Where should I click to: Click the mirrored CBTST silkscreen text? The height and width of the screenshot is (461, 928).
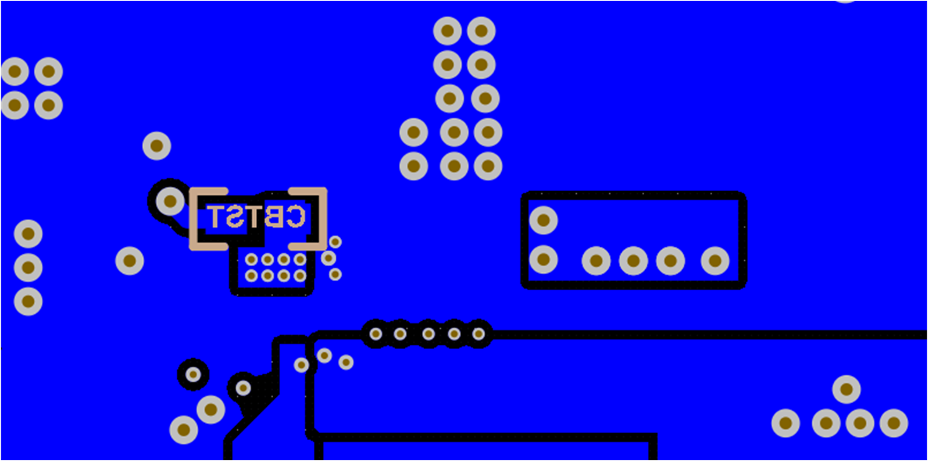click(x=257, y=217)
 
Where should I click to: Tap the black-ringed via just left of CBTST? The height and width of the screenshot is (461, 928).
click(x=169, y=201)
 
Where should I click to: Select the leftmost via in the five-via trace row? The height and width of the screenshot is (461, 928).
click(x=375, y=334)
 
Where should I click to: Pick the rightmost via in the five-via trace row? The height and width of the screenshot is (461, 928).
click(x=479, y=334)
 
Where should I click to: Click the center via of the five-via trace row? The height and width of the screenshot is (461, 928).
click(x=428, y=334)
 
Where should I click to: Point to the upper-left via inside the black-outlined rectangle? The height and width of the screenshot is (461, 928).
click(x=544, y=220)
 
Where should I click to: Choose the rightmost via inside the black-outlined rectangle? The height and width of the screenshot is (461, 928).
click(x=715, y=261)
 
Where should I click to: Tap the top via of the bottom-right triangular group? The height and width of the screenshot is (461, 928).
click(x=846, y=389)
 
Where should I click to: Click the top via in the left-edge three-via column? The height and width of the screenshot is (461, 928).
click(x=28, y=233)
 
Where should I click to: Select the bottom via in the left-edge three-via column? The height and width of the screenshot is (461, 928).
click(x=28, y=301)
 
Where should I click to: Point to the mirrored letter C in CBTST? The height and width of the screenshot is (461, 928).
click(x=295, y=217)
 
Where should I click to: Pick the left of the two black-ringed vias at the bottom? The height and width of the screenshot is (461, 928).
click(x=193, y=374)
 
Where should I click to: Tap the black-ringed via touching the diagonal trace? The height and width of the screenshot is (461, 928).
click(x=243, y=387)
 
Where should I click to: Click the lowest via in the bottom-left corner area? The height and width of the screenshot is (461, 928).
click(x=184, y=429)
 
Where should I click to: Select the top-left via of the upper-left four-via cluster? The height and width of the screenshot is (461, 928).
click(x=15, y=72)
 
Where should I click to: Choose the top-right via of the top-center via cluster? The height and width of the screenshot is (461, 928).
click(x=481, y=31)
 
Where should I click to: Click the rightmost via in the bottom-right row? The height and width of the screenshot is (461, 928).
click(x=893, y=423)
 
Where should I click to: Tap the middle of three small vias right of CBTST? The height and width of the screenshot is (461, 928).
click(x=329, y=258)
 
